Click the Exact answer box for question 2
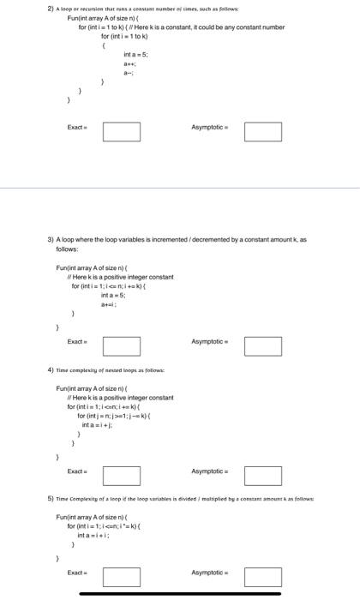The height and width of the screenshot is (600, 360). (122, 133)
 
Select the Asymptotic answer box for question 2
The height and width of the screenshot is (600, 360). (262, 133)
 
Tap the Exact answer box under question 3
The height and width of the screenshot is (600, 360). (122, 346)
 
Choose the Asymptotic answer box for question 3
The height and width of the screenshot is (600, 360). (262, 346)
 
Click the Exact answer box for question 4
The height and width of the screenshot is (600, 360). (122, 474)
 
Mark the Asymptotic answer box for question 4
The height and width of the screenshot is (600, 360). (262, 474)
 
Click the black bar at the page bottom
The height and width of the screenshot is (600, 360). (180, 594)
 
